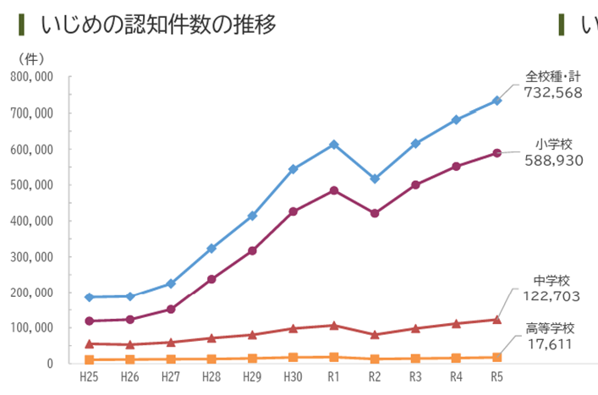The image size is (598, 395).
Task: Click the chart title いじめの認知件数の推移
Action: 158,25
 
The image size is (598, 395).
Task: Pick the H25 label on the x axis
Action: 89,376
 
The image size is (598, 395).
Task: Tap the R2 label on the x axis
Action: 375,376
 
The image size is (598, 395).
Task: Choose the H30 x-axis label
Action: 293,376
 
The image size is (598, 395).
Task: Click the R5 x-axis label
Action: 497,376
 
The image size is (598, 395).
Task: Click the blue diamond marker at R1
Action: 334,145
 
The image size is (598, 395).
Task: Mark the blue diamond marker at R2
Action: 375,178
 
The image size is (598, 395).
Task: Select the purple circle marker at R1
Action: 334,190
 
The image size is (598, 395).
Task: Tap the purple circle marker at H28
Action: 211,278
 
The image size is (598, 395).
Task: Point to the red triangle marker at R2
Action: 375,334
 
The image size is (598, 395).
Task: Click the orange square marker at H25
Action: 89,359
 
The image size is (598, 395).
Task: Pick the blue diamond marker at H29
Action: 252,216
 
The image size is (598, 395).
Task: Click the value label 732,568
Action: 553,93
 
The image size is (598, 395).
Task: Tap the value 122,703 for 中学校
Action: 552,296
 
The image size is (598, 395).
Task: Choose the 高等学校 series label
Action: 550,328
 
